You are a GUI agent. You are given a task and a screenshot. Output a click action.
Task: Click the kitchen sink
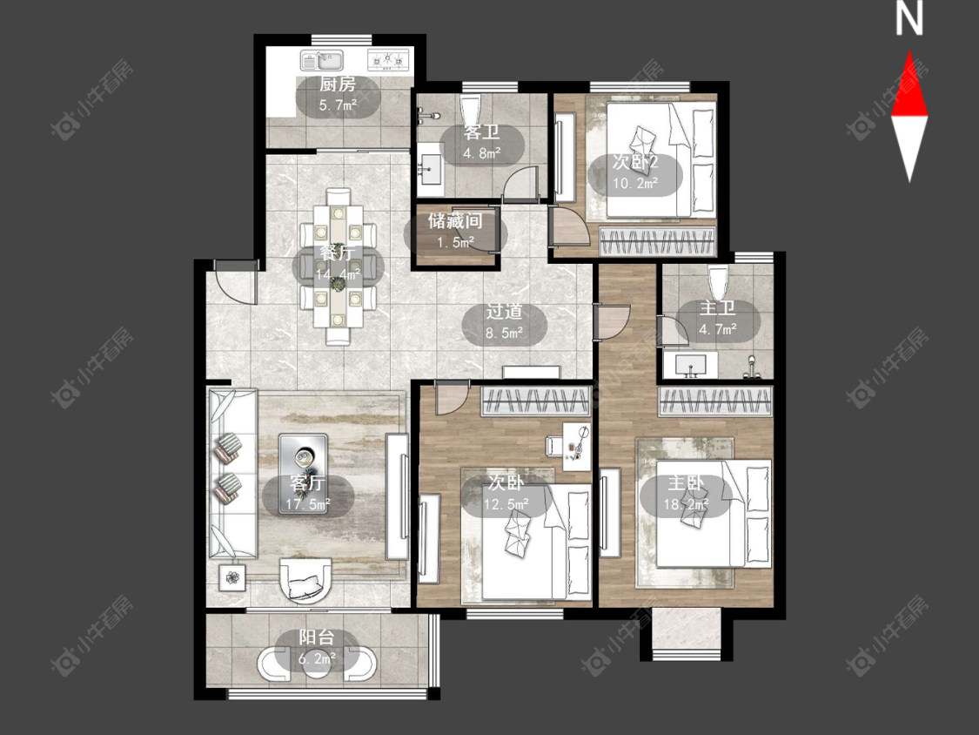click(x=322, y=61)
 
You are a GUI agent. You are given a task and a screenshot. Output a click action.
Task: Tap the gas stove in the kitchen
click(x=388, y=60)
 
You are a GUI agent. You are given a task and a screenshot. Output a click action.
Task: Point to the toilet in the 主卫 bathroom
click(x=719, y=280)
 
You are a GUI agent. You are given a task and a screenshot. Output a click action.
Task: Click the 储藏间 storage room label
click(x=455, y=220)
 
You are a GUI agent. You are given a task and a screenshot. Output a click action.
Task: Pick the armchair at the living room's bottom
click(x=305, y=580)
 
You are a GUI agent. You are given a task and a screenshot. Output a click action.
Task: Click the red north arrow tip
click(x=909, y=52)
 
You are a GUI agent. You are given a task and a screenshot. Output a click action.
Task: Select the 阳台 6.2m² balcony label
click(x=317, y=648)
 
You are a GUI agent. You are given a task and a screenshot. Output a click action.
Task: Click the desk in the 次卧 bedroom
click(x=576, y=446)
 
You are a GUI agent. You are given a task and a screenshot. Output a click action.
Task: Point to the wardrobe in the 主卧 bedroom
click(x=715, y=401)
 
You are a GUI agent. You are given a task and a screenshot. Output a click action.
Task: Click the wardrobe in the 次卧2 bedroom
click(x=656, y=241)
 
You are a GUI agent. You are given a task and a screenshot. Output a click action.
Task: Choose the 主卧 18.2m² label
click(x=686, y=493)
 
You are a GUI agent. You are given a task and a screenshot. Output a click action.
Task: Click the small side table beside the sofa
click(x=232, y=577)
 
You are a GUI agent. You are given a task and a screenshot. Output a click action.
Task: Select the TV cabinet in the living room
click(x=397, y=496)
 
